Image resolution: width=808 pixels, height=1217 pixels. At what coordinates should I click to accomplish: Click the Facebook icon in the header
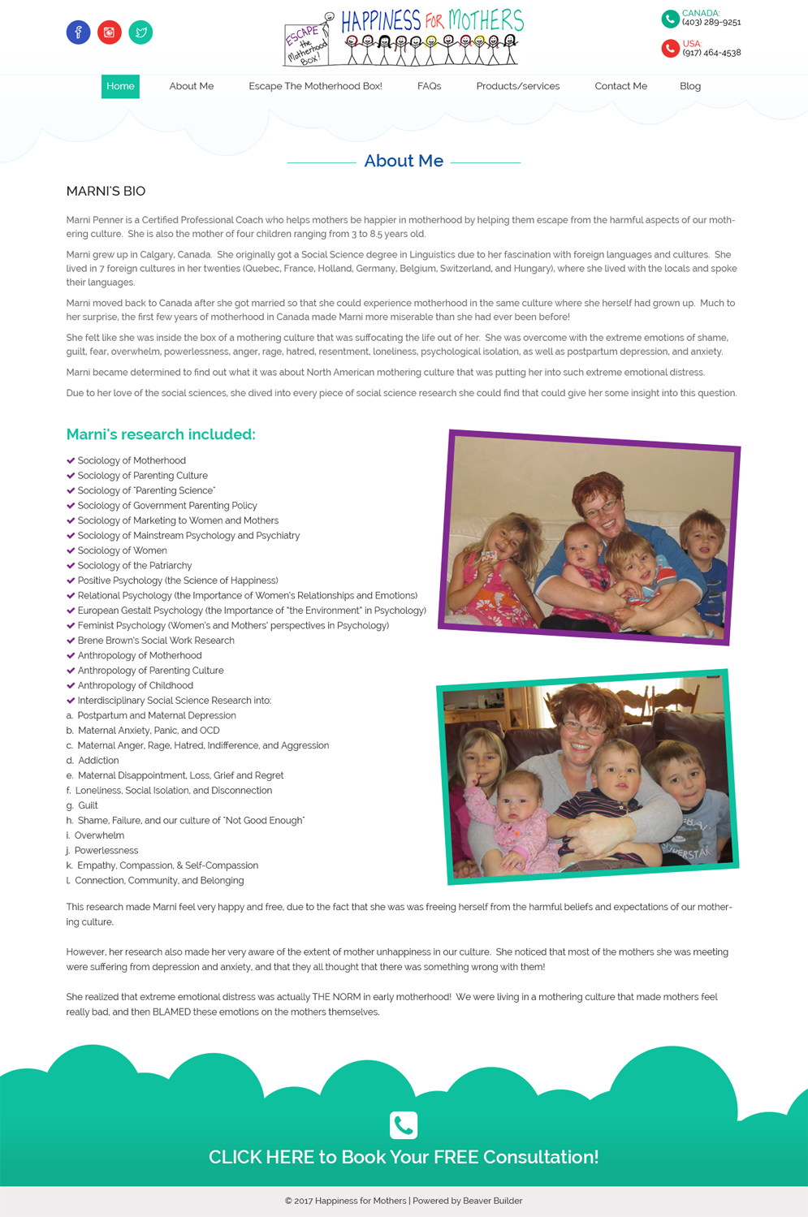[x=78, y=32]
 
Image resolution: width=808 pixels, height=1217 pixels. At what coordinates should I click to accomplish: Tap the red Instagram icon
[x=110, y=32]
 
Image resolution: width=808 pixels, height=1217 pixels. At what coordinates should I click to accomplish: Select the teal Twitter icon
[x=140, y=32]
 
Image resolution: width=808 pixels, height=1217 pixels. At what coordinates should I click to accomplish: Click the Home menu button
[x=120, y=86]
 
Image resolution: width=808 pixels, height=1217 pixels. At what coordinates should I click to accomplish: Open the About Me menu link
[x=191, y=86]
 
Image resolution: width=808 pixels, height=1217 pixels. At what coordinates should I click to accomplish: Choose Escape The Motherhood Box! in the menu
[x=315, y=86]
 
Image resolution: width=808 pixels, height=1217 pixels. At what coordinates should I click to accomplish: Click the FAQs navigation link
[x=429, y=86]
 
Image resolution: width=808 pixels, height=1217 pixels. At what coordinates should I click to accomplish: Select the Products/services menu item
[x=517, y=86]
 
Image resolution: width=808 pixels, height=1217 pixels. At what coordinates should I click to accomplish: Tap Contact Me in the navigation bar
[x=620, y=86]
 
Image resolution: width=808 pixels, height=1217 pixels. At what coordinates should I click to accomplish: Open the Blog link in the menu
[x=689, y=86]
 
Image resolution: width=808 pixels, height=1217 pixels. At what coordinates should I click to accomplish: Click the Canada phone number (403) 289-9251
[x=711, y=23]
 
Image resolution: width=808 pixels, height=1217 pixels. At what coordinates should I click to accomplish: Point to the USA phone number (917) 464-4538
[x=711, y=53]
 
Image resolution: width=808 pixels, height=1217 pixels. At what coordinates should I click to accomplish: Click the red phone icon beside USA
[x=670, y=49]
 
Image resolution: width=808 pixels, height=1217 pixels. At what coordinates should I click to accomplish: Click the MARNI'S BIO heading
[x=106, y=192]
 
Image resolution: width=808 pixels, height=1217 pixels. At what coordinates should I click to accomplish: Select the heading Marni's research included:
[x=161, y=434]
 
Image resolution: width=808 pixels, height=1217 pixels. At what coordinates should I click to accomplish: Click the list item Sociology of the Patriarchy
[x=135, y=566]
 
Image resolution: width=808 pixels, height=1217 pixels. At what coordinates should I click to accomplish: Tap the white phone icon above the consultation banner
[x=404, y=1125]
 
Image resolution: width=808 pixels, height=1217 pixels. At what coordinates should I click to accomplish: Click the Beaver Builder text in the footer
[x=492, y=1201]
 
